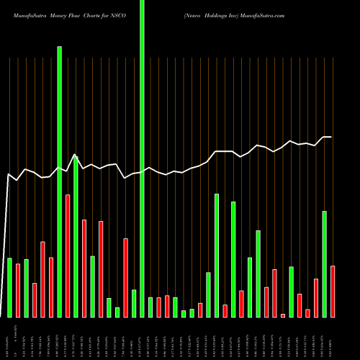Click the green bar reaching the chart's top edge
click(x=142, y=158)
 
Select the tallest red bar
click(x=68, y=256)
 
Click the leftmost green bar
click(x=9, y=287)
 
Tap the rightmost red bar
click(x=333, y=292)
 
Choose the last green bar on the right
click(x=325, y=264)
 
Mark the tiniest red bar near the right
click(x=283, y=315)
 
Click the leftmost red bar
click(x=18, y=290)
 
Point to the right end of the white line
click(x=331, y=137)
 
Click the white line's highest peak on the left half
click(x=75, y=154)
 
